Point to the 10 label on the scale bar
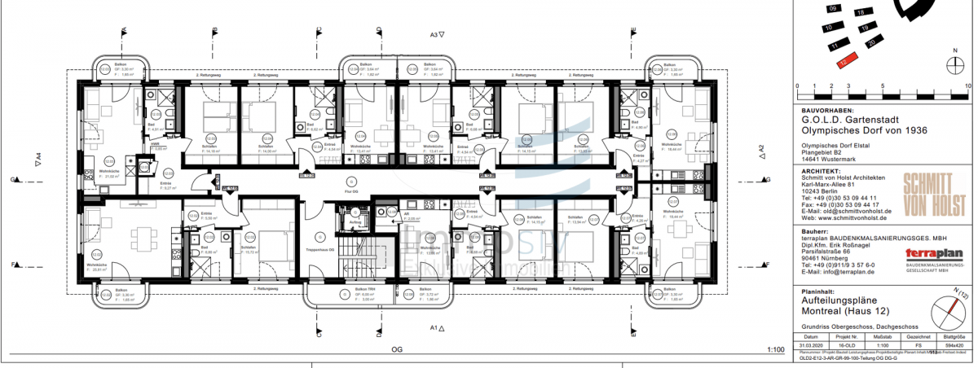[967, 85]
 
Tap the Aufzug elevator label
[355, 221]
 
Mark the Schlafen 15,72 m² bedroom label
[249, 251]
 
